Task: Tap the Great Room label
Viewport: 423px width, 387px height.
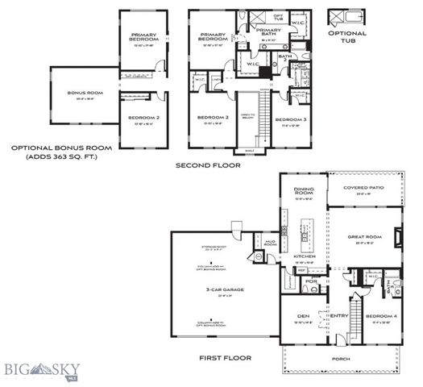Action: tap(363, 236)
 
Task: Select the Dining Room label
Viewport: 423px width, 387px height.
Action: tap(303, 190)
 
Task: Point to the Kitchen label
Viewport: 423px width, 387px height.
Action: tap(303, 256)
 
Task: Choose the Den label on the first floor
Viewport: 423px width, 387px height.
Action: tap(303, 315)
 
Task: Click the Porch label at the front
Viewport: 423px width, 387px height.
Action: tap(349, 360)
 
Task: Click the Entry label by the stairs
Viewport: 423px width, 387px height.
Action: tap(338, 315)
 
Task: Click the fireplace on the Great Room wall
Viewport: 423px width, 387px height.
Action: tap(399, 236)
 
